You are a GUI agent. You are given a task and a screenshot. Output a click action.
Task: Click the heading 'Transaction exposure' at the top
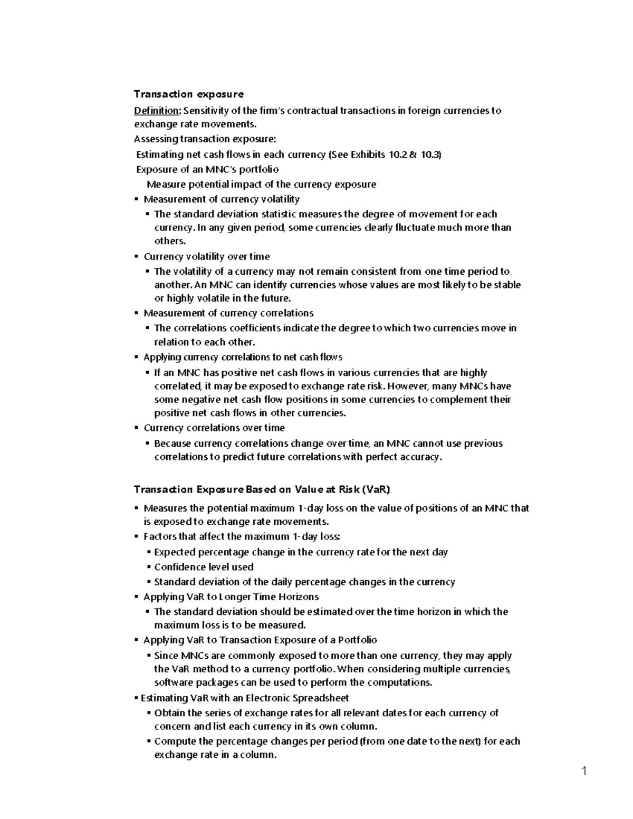pyautogui.click(x=188, y=94)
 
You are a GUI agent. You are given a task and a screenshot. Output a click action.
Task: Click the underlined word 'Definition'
pyautogui.click(x=157, y=111)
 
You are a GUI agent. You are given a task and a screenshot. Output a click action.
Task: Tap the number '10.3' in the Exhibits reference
pyautogui.click(x=430, y=155)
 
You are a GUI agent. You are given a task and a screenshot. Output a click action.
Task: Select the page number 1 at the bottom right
pyautogui.click(x=584, y=772)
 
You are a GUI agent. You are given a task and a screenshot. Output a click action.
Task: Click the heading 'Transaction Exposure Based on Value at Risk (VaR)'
pyautogui.click(x=262, y=489)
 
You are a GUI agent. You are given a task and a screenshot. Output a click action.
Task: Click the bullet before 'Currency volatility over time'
pyautogui.click(x=137, y=257)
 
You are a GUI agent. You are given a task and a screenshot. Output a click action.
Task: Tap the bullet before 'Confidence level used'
pyautogui.click(x=149, y=567)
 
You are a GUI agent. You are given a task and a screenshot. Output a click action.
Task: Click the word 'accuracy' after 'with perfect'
pyautogui.click(x=420, y=457)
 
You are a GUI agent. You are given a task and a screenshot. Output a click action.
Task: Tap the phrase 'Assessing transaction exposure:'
pyautogui.click(x=205, y=139)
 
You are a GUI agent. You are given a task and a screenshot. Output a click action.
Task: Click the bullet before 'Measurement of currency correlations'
pyautogui.click(x=137, y=313)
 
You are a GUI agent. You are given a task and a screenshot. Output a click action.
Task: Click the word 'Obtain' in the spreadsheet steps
pyautogui.click(x=169, y=713)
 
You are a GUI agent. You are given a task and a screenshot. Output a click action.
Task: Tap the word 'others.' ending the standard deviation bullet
pyautogui.click(x=170, y=241)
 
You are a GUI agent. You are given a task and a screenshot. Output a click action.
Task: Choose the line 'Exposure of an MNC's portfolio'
pyautogui.click(x=207, y=169)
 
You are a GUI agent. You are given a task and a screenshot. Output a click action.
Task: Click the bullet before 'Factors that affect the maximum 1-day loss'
pyautogui.click(x=137, y=537)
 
